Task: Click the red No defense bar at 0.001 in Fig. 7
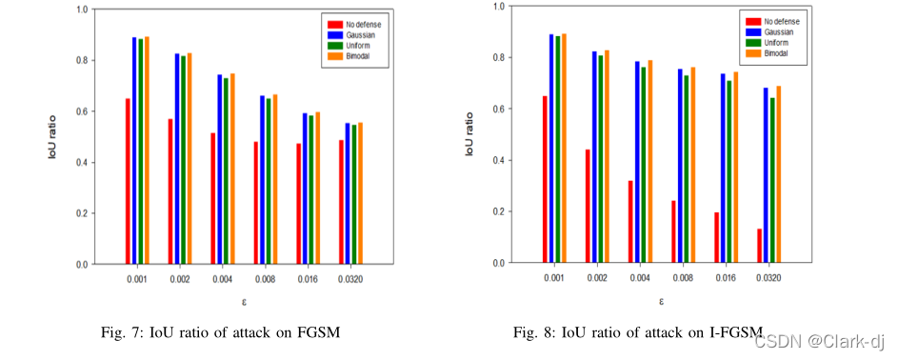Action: click(128, 181)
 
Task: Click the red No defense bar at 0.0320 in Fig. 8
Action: click(760, 245)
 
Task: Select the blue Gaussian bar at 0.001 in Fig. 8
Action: click(551, 148)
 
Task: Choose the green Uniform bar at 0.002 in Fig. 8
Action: click(601, 158)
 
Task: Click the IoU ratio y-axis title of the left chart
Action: click(55, 137)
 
